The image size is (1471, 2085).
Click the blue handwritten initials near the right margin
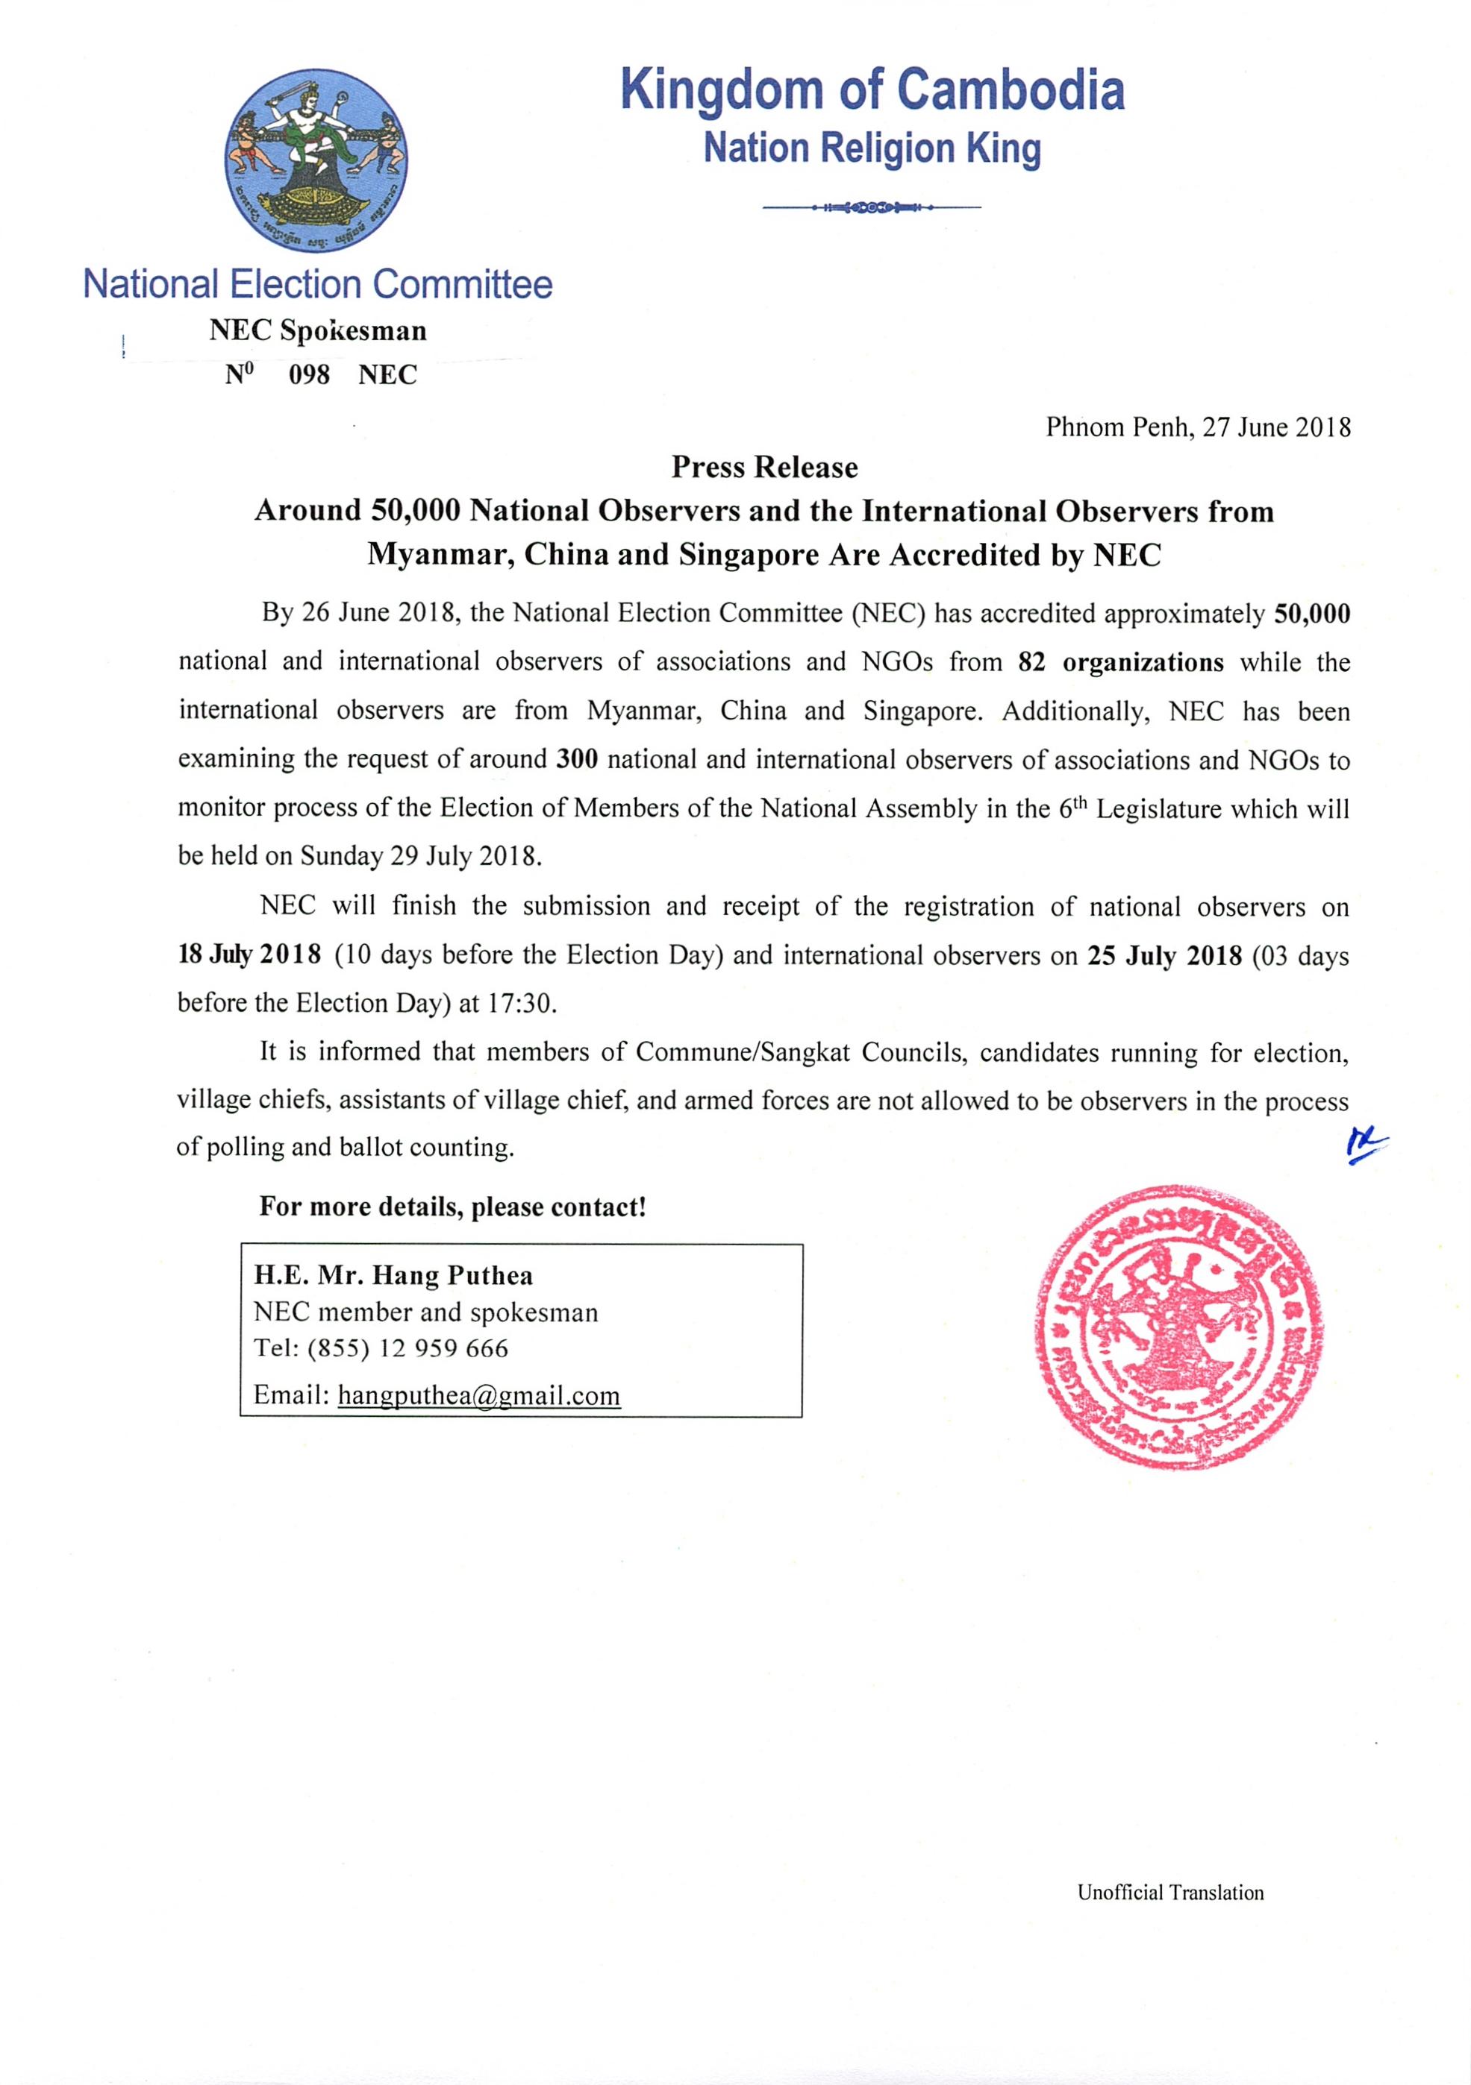[1366, 1146]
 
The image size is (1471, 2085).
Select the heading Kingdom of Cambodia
[872, 91]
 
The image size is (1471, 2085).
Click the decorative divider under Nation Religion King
[872, 208]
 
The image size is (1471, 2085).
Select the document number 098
[309, 375]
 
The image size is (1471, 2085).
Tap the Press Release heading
[764, 467]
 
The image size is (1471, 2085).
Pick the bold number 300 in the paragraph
[576, 759]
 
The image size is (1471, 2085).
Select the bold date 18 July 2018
[249, 955]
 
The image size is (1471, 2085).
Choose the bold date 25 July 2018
[1164, 955]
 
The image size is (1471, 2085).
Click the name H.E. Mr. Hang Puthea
[393, 1276]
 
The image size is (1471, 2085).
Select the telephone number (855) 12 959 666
[408, 1347]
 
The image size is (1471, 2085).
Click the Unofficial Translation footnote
[1170, 1893]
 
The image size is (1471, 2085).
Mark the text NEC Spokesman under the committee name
[317, 330]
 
